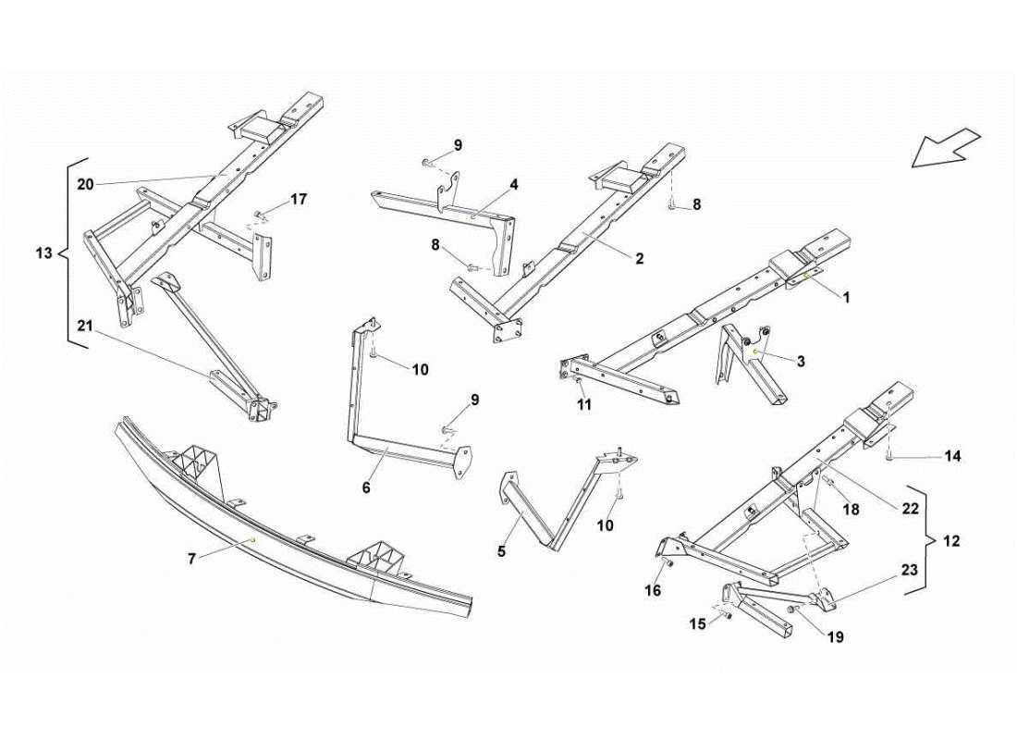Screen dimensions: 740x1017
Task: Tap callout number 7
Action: click(x=191, y=559)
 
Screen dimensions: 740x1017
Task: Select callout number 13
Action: click(x=43, y=253)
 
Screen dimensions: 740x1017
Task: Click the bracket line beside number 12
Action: click(x=924, y=540)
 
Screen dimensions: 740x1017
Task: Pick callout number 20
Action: click(x=85, y=184)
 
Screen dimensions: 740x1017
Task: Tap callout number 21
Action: click(x=85, y=325)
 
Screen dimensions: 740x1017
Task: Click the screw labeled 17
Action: click(x=259, y=216)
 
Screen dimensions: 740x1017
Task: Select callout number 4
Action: click(x=513, y=184)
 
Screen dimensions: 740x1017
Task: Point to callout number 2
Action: click(x=639, y=259)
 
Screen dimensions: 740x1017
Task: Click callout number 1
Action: click(x=845, y=297)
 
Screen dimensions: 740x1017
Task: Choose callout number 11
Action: click(x=583, y=404)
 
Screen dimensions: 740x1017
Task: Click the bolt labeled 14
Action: click(x=888, y=456)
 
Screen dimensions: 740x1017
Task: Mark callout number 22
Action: click(x=911, y=507)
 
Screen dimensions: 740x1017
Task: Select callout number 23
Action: click(x=911, y=571)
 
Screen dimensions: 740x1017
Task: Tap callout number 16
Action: click(x=653, y=590)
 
